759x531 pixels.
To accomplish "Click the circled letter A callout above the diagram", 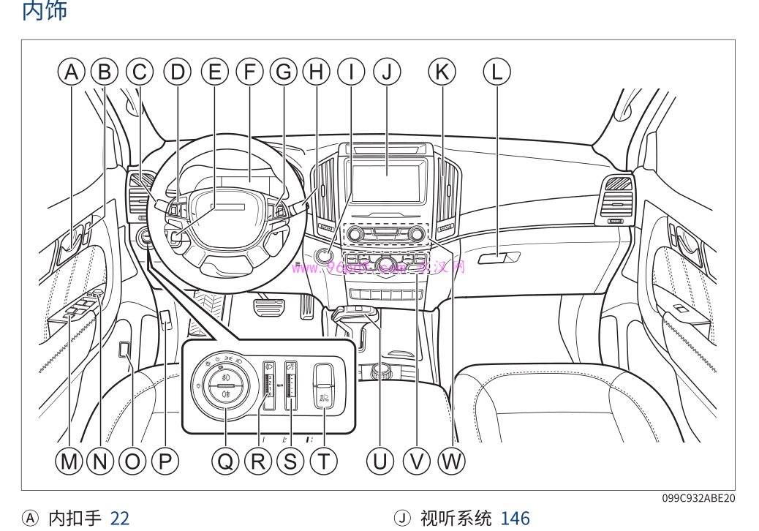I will coord(71,72).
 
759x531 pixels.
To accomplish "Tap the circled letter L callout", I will coord(497,72).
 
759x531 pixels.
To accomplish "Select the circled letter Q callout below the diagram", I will coord(225,461).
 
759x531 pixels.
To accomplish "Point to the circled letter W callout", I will coord(451,461).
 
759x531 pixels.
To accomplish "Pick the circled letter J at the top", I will coord(387,72).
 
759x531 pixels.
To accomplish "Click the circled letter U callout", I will coord(379,461).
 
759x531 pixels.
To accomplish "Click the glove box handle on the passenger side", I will coord(499,257).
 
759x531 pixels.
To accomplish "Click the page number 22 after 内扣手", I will coord(119,519).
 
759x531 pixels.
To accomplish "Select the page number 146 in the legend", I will coord(515,519).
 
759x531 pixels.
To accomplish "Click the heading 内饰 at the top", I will coord(45,11).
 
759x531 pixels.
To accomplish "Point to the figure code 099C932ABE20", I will coord(698,498).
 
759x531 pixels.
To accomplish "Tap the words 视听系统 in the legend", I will coord(456,519).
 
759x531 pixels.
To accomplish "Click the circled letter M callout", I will coord(69,461).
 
